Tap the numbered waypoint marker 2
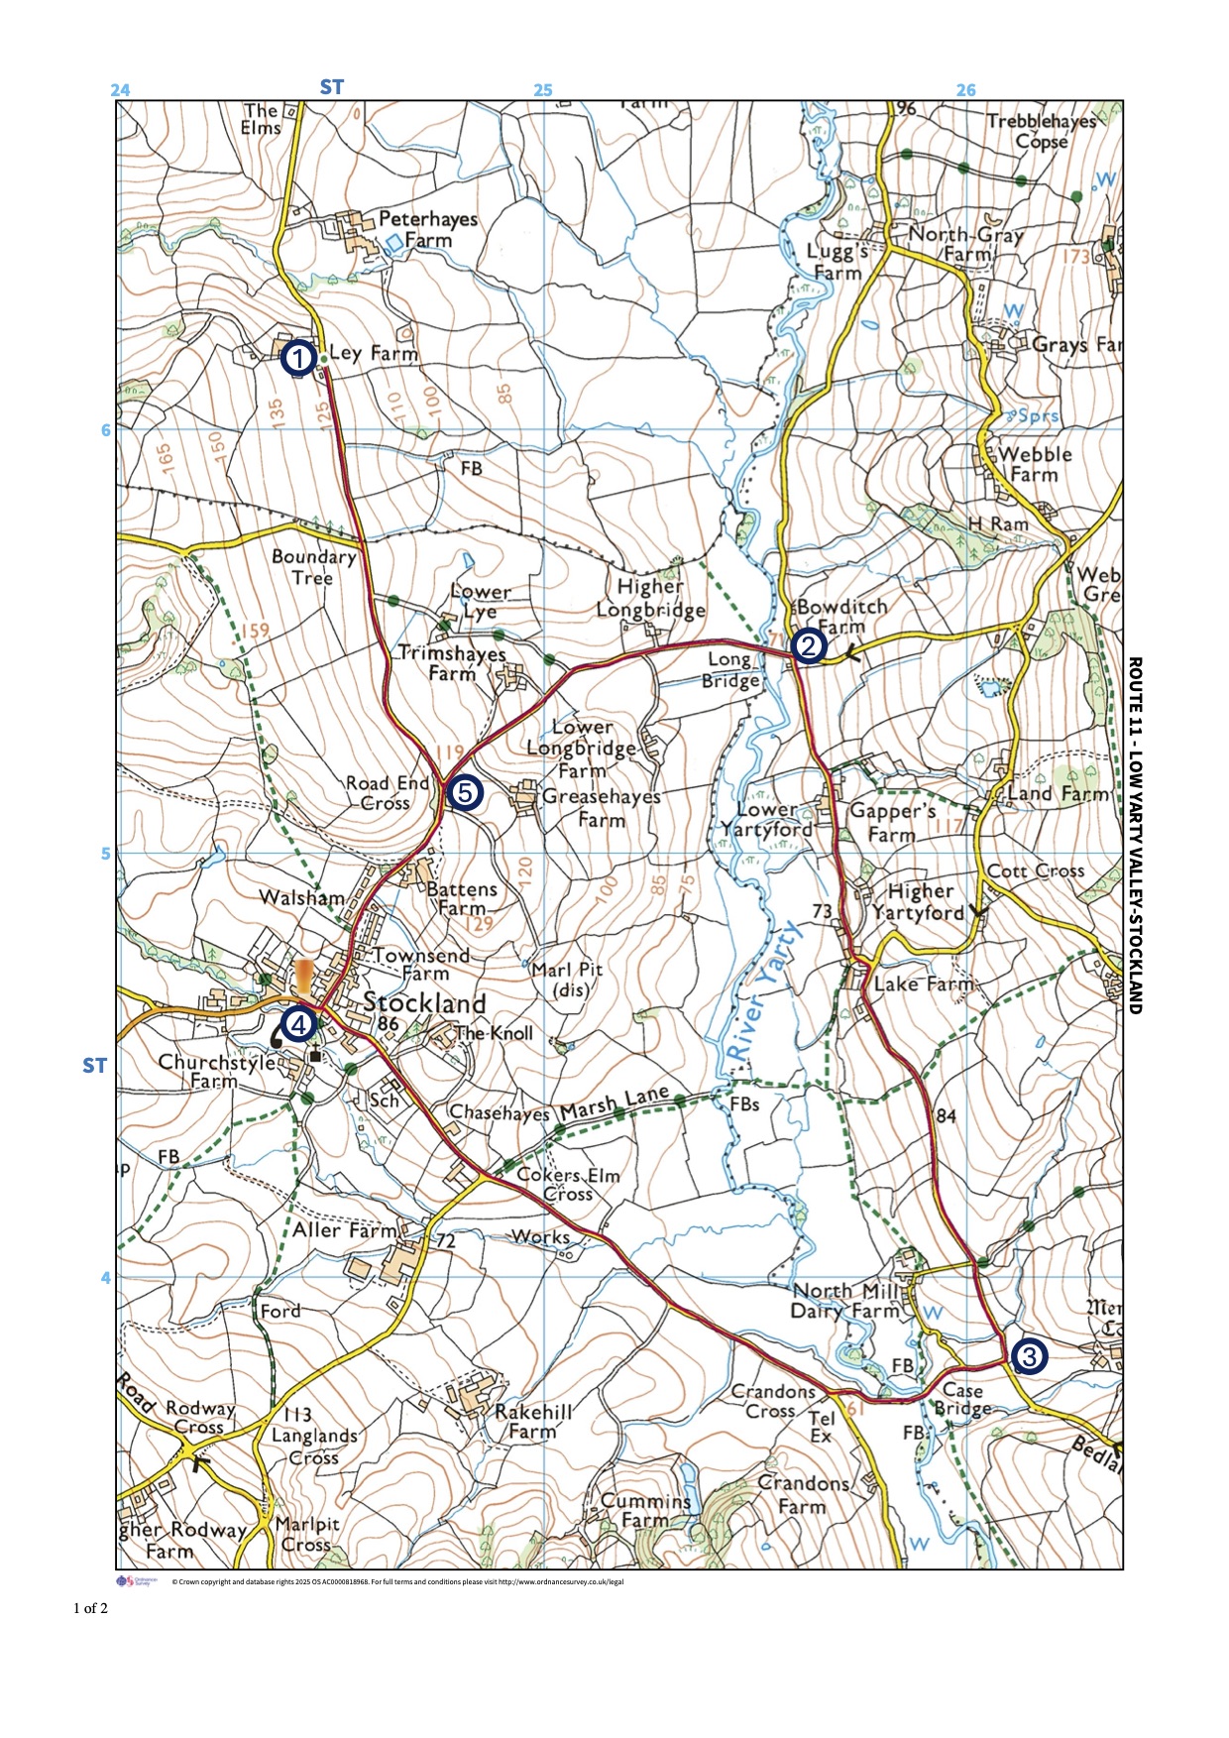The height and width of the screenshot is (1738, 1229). click(x=808, y=646)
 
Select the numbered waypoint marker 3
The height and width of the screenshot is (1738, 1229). click(x=1027, y=1355)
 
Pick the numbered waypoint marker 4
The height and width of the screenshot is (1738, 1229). click(x=297, y=1023)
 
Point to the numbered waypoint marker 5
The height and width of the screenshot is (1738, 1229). click(x=464, y=793)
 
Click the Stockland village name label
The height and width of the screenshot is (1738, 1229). click(x=424, y=1002)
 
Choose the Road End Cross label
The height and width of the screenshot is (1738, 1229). click(x=387, y=793)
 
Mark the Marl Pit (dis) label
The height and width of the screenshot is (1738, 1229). click(x=566, y=980)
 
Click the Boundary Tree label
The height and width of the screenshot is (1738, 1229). click(x=313, y=567)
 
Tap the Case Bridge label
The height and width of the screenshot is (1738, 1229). click(x=961, y=1399)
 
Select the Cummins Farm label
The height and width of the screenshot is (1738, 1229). click(x=645, y=1510)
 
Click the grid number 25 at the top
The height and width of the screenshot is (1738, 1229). click(x=543, y=90)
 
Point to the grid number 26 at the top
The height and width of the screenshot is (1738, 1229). click(x=965, y=90)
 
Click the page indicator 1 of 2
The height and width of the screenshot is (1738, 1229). click(x=90, y=1608)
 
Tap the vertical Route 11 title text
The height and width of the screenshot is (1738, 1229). click(x=1136, y=835)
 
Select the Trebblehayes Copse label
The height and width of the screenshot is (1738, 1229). click(x=1042, y=131)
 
